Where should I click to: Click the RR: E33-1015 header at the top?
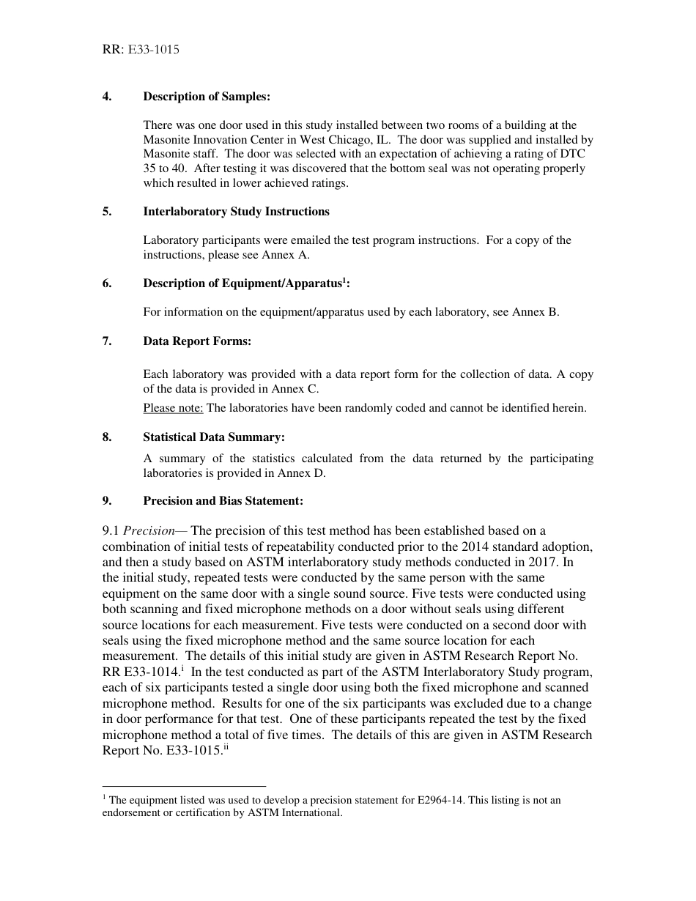141,51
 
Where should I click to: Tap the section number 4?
106,97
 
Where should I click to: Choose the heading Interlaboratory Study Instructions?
236,212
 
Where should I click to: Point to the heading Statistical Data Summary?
213,437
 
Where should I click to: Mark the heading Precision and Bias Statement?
223,501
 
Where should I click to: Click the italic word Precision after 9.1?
149,531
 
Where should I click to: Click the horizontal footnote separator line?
183,785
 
